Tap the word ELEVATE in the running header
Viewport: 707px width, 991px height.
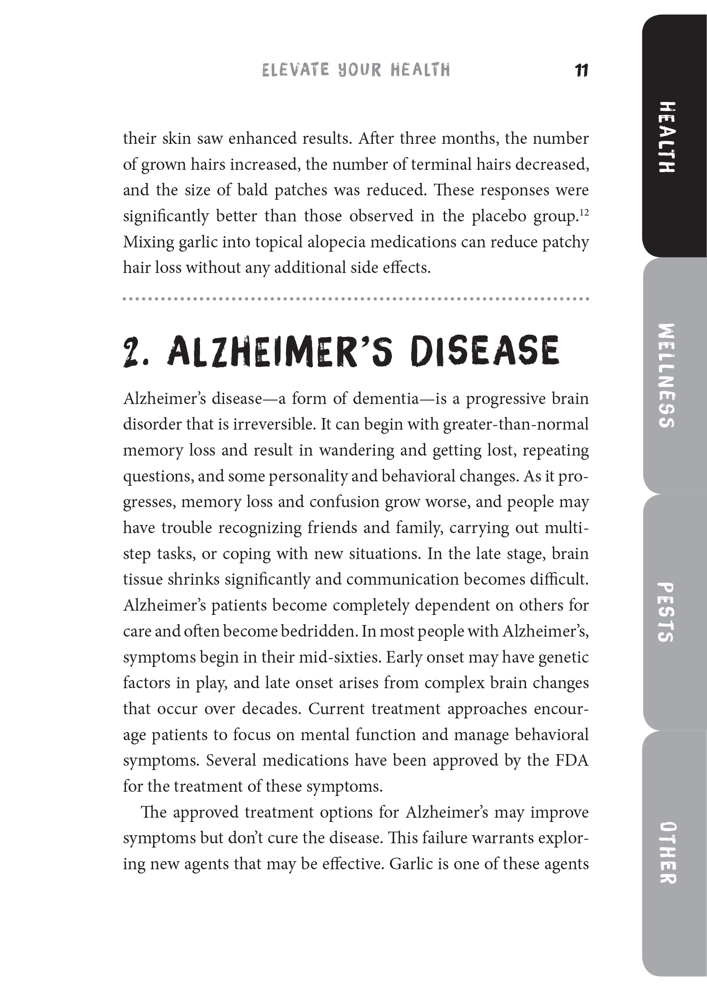(x=296, y=70)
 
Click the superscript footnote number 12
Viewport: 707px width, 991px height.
(x=584, y=212)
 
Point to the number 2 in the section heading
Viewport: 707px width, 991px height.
(x=131, y=352)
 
